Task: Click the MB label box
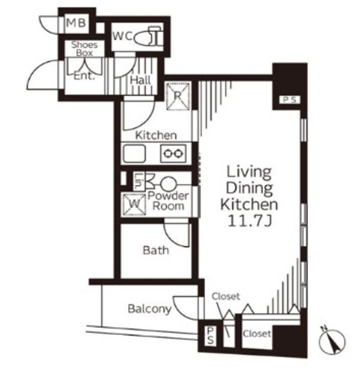tap(77, 23)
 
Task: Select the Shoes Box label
tap(85, 49)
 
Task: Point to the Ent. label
tap(85, 76)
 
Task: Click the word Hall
tap(141, 80)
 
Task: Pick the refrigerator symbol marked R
tap(178, 96)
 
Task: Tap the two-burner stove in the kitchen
tap(173, 153)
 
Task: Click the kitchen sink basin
tap(134, 153)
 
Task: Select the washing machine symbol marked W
tap(134, 204)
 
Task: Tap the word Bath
tap(156, 250)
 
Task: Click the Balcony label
tap(149, 309)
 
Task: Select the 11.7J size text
tap(250, 221)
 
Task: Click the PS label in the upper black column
tap(290, 99)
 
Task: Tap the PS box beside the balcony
tap(210, 335)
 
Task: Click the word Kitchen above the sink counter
tap(156, 136)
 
